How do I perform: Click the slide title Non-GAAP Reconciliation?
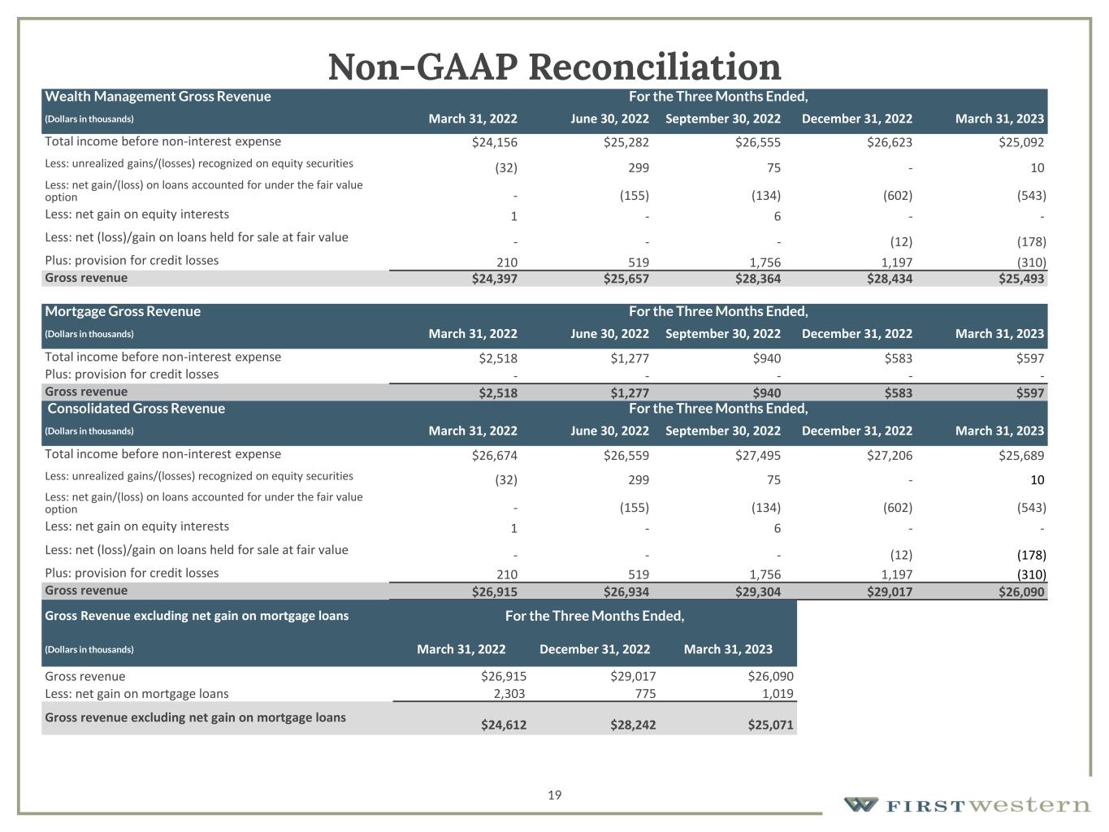coord(554,66)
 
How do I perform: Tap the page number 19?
coord(555,795)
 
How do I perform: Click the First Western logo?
coord(967,804)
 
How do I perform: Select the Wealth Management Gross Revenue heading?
coord(158,97)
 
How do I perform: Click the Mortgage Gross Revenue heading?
coord(123,311)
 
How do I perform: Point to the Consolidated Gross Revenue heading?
coord(136,408)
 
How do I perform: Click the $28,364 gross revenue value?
coord(757,279)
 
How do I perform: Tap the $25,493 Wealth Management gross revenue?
coord(1021,279)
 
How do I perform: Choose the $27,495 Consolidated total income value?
coord(757,455)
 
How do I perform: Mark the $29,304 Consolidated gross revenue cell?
coord(757,591)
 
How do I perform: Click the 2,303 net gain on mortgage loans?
coord(509,694)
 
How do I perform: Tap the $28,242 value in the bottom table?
coord(633,725)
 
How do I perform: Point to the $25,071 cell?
coord(770,725)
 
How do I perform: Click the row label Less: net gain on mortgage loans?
coord(136,694)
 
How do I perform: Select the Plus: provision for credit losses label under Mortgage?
coord(132,375)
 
